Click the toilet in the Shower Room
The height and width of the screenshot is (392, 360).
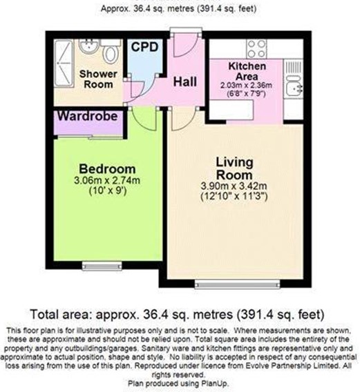[111, 52]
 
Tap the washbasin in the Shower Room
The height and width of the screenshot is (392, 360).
[88, 46]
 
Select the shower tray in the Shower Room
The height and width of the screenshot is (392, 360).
[64, 63]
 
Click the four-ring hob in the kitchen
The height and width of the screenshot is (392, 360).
[256, 49]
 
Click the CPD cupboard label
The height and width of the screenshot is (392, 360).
[144, 47]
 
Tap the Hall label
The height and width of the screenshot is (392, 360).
[185, 81]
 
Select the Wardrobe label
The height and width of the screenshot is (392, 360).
[88, 116]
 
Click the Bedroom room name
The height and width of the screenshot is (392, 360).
[107, 169]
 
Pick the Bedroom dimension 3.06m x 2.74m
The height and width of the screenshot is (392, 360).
[107, 180]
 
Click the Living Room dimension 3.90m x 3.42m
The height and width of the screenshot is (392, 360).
[234, 186]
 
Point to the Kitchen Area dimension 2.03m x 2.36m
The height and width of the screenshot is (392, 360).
[246, 86]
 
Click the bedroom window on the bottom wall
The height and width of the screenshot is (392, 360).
[102, 266]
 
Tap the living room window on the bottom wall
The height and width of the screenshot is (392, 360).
[237, 284]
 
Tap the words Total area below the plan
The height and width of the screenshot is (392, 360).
[59, 314]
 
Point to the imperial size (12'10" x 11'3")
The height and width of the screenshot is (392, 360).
[234, 197]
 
